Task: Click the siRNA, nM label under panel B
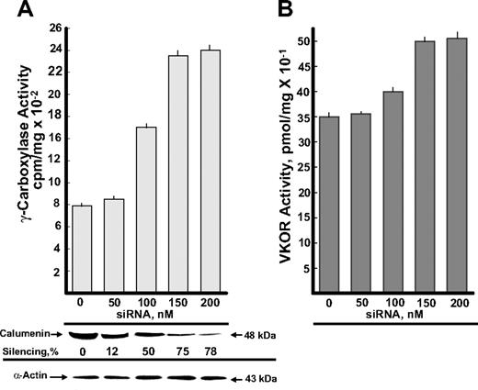coord(394,311)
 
